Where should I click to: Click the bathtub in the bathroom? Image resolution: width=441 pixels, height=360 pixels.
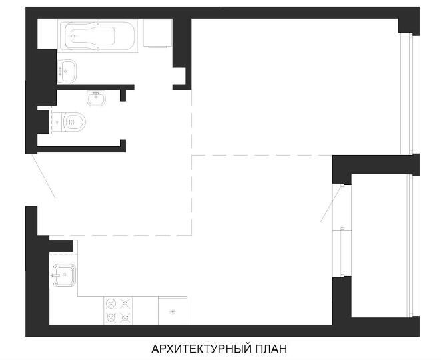click(x=98, y=35)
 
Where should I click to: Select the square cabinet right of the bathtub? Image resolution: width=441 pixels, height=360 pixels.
click(x=157, y=33)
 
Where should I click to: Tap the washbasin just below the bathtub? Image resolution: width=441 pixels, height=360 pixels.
click(x=67, y=71)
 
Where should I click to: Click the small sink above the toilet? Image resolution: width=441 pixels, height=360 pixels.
click(x=96, y=98)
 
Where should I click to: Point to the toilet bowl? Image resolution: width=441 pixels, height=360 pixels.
click(x=75, y=122)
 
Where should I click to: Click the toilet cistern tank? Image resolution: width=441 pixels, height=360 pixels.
click(x=57, y=122)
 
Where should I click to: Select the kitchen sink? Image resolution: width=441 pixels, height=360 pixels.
click(x=64, y=275)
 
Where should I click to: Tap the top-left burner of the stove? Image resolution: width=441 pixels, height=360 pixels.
click(x=111, y=304)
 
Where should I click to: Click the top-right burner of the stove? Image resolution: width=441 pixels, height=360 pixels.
click(x=125, y=304)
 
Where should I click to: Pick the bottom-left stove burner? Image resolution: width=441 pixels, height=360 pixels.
click(x=111, y=318)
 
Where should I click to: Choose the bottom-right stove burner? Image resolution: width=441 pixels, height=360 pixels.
click(x=125, y=318)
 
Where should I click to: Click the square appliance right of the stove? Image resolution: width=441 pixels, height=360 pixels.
click(x=173, y=311)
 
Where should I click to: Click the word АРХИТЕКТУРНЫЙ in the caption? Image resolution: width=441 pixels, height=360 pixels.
click(x=201, y=349)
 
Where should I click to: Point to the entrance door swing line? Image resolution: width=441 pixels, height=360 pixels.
click(x=43, y=176)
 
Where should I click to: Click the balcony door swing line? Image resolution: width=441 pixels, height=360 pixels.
click(x=332, y=204)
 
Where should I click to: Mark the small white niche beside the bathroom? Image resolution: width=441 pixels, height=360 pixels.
click(x=179, y=76)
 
